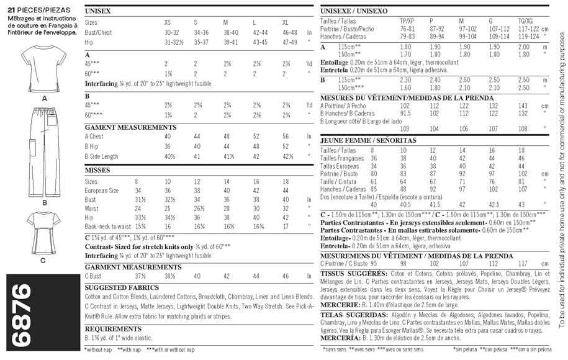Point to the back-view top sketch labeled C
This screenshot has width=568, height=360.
click(x=44, y=233)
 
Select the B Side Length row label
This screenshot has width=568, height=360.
click(x=101, y=156)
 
